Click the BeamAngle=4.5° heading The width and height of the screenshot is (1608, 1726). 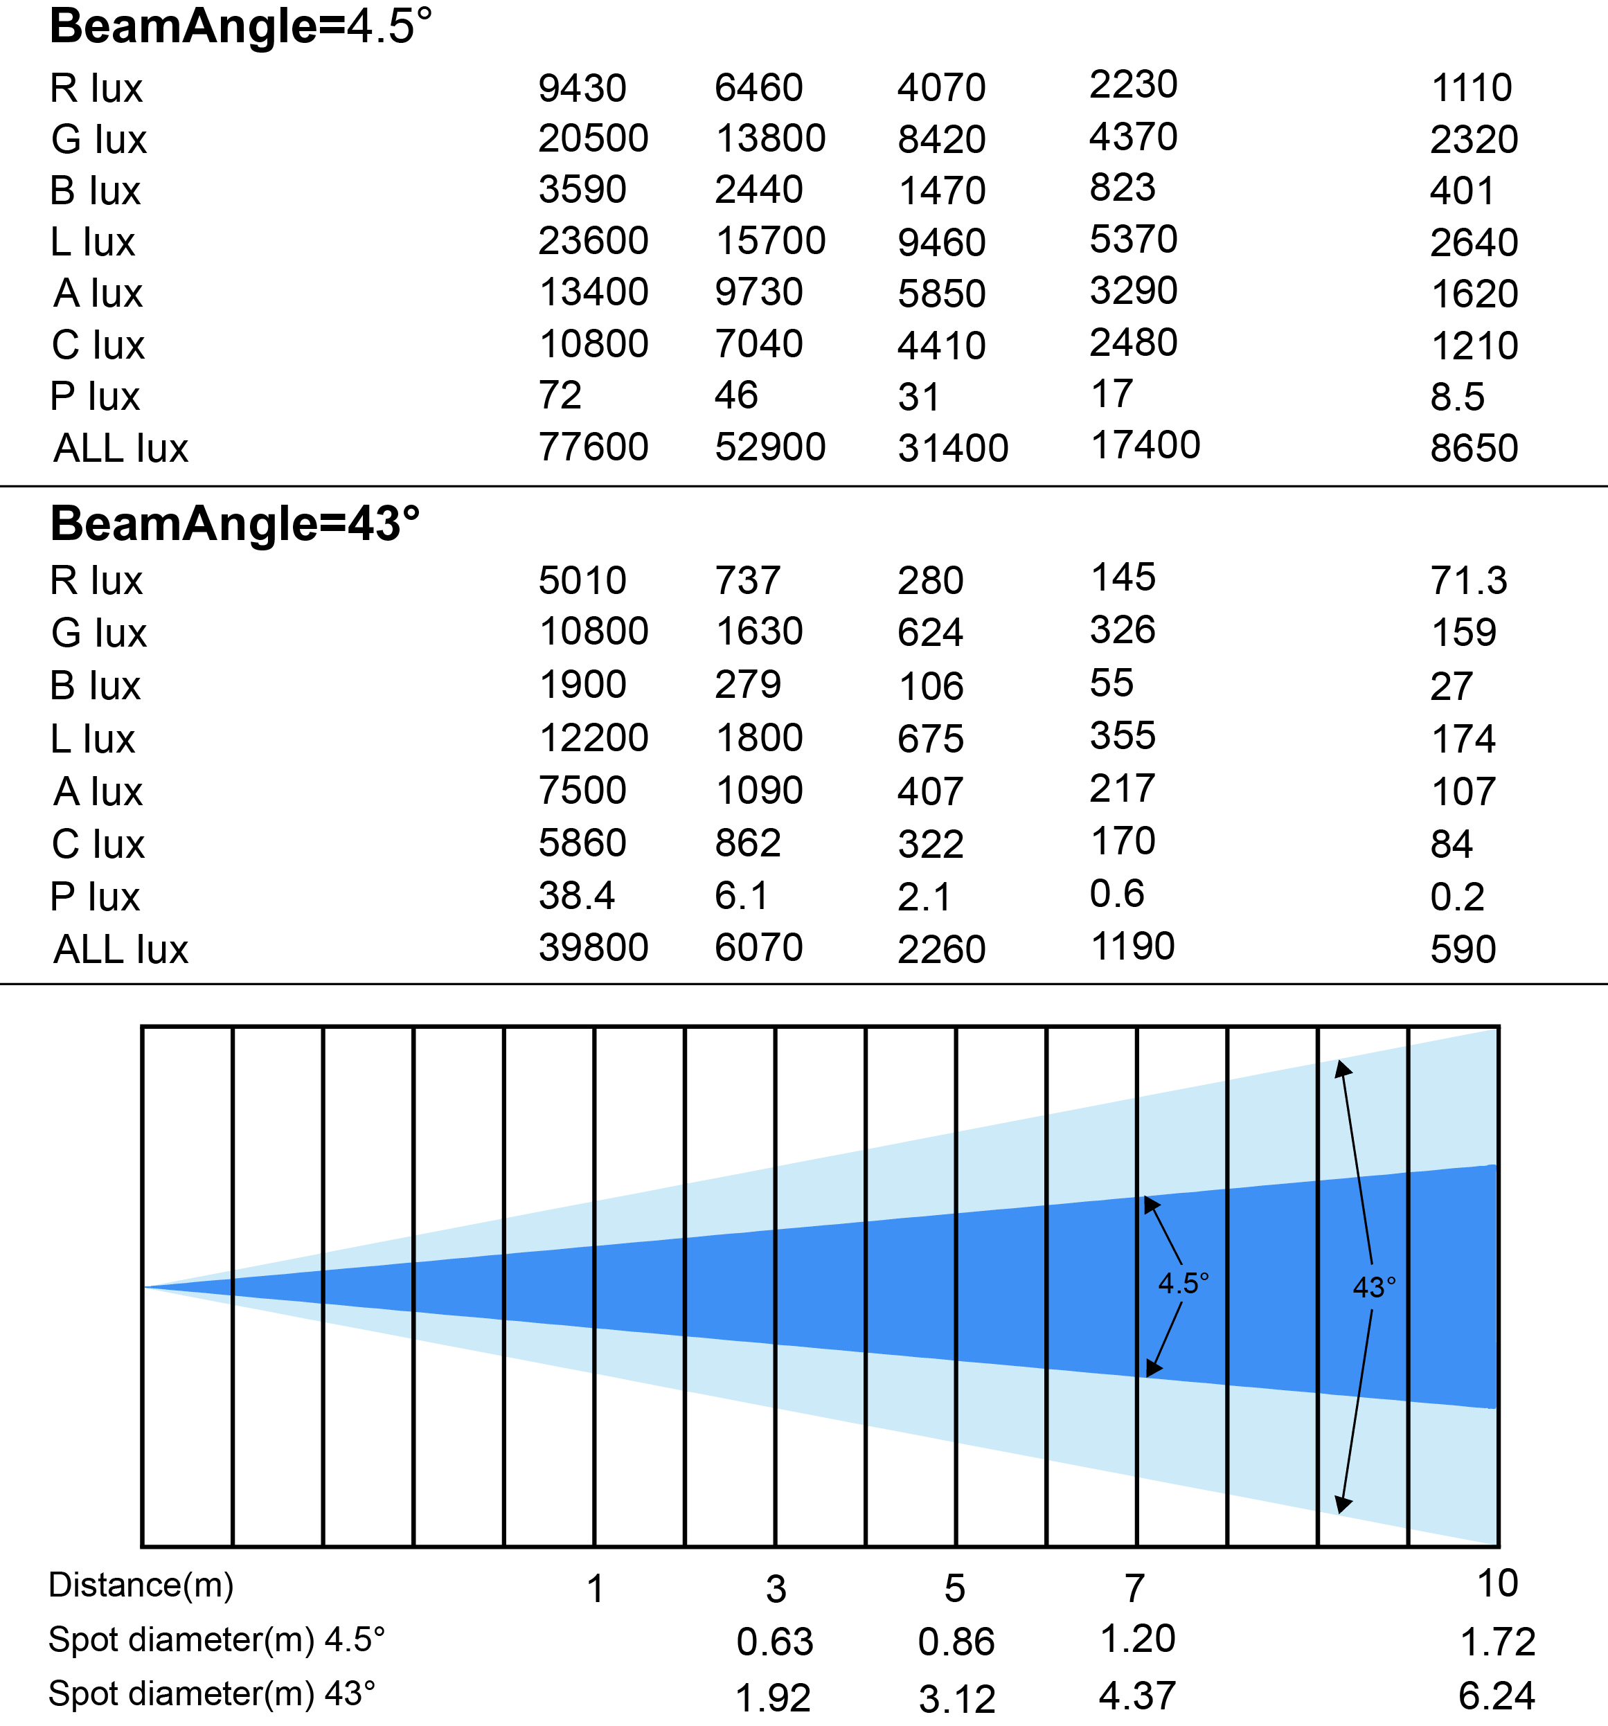click(x=240, y=26)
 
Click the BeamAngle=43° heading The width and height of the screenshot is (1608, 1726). click(x=235, y=523)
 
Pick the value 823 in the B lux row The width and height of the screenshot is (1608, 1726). click(x=1123, y=188)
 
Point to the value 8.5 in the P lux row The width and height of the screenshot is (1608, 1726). click(x=1457, y=397)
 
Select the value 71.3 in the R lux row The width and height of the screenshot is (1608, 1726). click(x=1468, y=580)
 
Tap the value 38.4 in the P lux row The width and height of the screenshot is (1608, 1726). click(x=577, y=895)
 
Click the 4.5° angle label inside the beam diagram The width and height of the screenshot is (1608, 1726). click(x=1183, y=1282)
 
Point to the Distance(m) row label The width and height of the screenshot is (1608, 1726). click(x=141, y=1585)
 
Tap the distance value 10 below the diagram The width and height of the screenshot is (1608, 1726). click(x=1498, y=1583)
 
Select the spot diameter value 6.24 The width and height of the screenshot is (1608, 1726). click(x=1497, y=1695)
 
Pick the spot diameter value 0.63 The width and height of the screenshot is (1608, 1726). click(x=774, y=1642)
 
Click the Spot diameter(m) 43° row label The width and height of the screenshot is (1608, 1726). click(x=212, y=1693)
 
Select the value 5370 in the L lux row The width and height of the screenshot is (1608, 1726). click(x=1134, y=239)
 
